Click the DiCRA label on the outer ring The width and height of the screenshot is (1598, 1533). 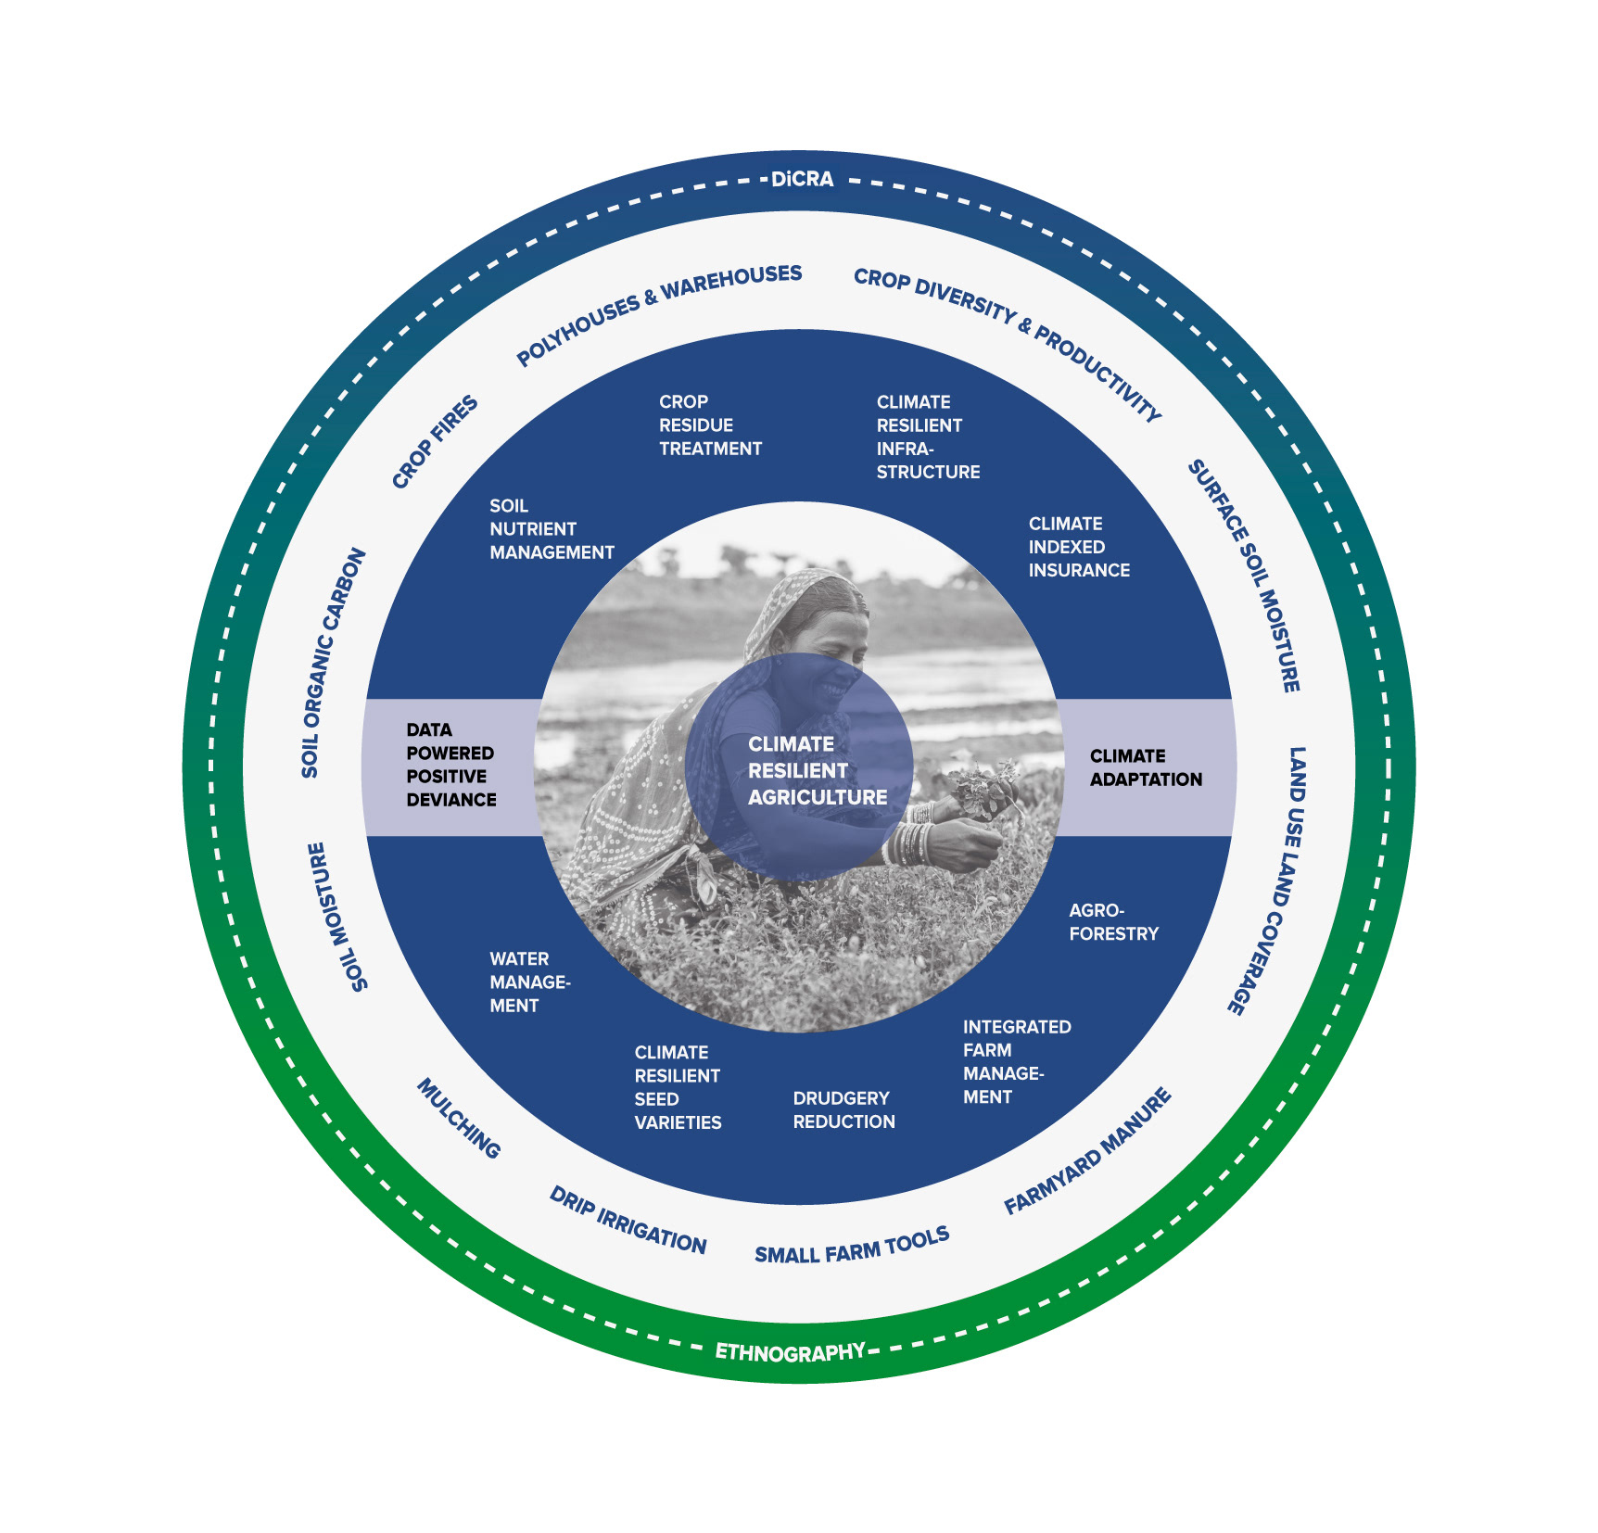(x=802, y=179)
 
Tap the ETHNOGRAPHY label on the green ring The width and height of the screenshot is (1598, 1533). (x=791, y=1352)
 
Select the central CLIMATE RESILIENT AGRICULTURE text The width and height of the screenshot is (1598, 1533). (x=818, y=770)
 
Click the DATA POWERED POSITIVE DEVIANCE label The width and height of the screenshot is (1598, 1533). (x=451, y=765)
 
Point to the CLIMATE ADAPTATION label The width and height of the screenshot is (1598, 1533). (x=1146, y=767)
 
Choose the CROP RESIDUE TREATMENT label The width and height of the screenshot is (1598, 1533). (x=710, y=425)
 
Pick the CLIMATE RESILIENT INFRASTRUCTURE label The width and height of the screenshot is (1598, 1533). (x=928, y=437)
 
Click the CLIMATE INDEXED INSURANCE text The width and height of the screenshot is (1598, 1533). (x=1079, y=547)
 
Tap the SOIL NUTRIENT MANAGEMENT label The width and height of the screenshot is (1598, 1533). (x=552, y=529)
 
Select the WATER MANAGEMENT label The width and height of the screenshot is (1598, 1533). (x=529, y=982)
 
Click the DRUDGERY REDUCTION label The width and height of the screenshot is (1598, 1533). (x=843, y=1109)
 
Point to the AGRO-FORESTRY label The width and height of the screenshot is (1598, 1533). (x=1113, y=922)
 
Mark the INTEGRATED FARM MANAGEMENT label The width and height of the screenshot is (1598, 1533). (x=1017, y=1061)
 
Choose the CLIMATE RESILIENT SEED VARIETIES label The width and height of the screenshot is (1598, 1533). (x=678, y=1087)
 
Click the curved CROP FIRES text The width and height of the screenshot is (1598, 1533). (x=435, y=441)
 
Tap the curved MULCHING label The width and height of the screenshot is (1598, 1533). (x=459, y=1118)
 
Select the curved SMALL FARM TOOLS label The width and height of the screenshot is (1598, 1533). (x=852, y=1245)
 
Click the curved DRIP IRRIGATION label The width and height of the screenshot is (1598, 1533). (x=628, y=1220)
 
